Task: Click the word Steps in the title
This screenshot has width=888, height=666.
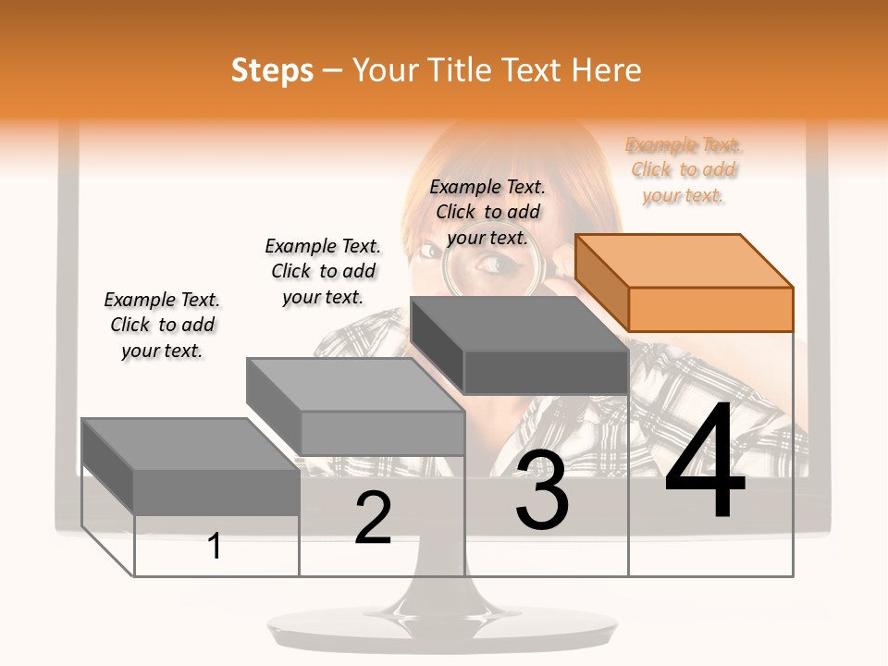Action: (272, 70)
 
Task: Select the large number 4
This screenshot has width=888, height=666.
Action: (705, 462)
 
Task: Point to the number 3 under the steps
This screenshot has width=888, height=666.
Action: (542, 490)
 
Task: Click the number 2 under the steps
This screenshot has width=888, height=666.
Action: (373, 519)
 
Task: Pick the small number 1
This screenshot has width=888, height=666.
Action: (215, 547)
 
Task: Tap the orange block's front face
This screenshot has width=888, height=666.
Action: (710, 309)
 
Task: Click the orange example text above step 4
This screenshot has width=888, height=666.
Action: (684, 170)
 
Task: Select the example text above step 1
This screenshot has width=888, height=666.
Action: (163, 325)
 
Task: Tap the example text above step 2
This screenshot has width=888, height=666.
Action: (323, 271)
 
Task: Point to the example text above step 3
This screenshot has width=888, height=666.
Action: (487, 212)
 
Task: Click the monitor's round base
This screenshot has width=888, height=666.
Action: (442, 629)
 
